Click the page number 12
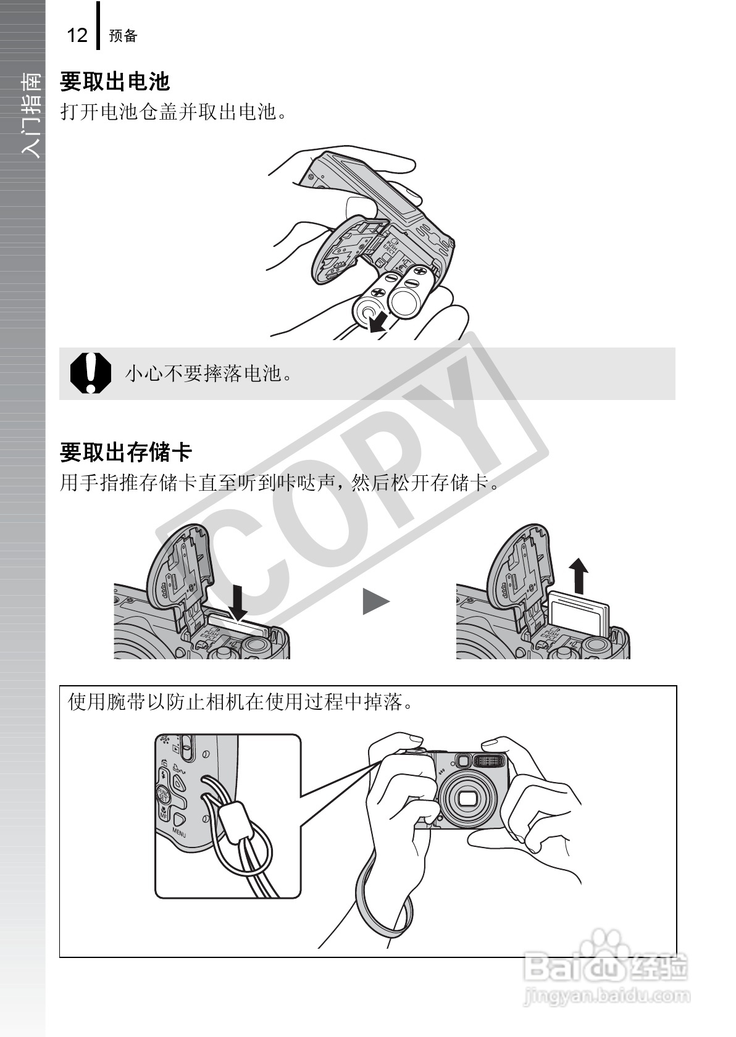77,35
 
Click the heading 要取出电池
114,81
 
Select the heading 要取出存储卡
126,452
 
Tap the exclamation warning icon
90,373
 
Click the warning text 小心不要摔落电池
209,373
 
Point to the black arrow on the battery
378,322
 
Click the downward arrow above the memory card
238,602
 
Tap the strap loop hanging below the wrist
386,907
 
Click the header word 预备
123,36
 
